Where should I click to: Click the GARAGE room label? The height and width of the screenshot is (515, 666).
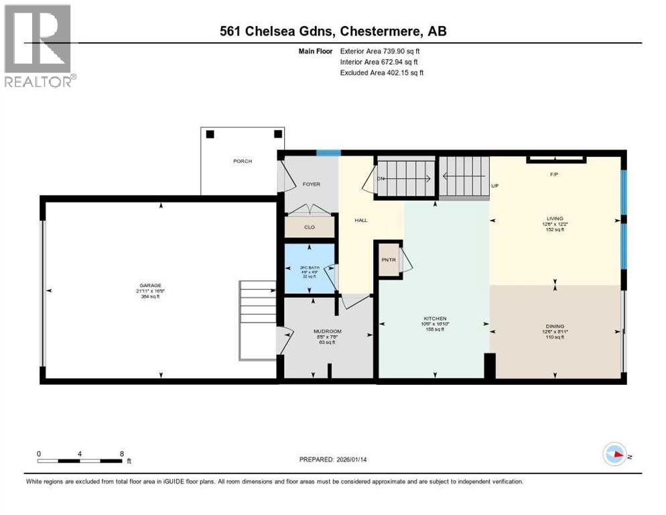151,285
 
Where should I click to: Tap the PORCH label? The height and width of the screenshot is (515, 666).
243,161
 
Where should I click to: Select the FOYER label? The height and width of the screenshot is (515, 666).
312,184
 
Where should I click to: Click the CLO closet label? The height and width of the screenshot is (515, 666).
310,227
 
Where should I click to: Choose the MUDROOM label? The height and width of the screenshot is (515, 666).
328,331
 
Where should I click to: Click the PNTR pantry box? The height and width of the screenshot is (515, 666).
388,260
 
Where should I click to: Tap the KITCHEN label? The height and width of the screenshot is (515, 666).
434,319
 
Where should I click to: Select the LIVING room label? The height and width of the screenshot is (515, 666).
554,219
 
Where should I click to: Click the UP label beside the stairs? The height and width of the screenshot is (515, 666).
495,186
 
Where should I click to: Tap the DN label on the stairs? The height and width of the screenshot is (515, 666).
381,178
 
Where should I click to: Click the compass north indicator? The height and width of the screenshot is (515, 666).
615,455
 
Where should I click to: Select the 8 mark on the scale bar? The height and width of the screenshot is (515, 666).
122,454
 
